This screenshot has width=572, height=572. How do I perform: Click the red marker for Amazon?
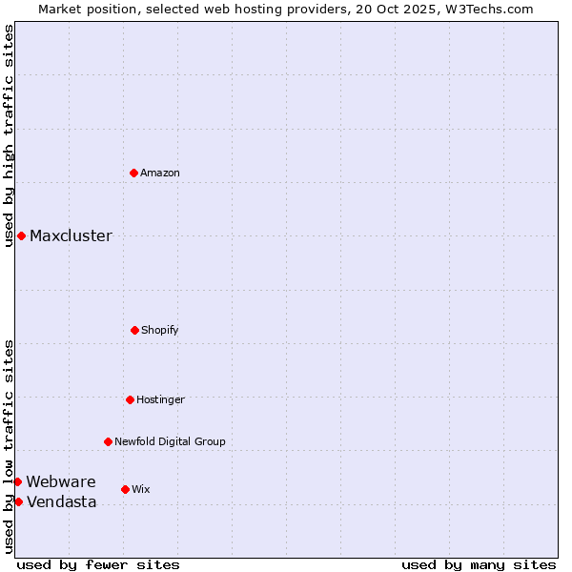click(133, 173)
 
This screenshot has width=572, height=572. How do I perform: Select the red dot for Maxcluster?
click(21, 235)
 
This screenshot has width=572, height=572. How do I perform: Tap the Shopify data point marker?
click(134, 330)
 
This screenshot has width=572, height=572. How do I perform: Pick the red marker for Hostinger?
click(130, 399)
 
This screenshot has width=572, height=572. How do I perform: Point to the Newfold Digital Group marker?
click(108, 441)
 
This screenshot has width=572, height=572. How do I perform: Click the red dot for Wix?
click(125, 489)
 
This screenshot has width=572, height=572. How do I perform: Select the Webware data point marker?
click(17, 481)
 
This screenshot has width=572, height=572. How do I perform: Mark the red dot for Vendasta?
click(18, 501)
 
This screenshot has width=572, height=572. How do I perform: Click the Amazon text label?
click(160, 173)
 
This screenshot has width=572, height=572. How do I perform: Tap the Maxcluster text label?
click(71, 235)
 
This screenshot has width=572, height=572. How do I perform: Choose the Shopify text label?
click(160, 330)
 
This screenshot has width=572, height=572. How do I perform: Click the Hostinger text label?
click(160, 399)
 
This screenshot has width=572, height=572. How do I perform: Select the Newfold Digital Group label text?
click(170, 441)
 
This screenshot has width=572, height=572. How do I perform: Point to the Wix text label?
click(141, 489)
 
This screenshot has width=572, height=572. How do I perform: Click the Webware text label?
click(61, 481)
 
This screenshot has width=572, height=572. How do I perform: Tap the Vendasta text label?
click(61, 501)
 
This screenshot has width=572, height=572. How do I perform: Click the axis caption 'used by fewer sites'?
click(98, 564)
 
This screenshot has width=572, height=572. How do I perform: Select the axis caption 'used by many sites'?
click(479, 564)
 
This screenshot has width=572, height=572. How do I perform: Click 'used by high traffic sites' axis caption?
click(9, 135)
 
